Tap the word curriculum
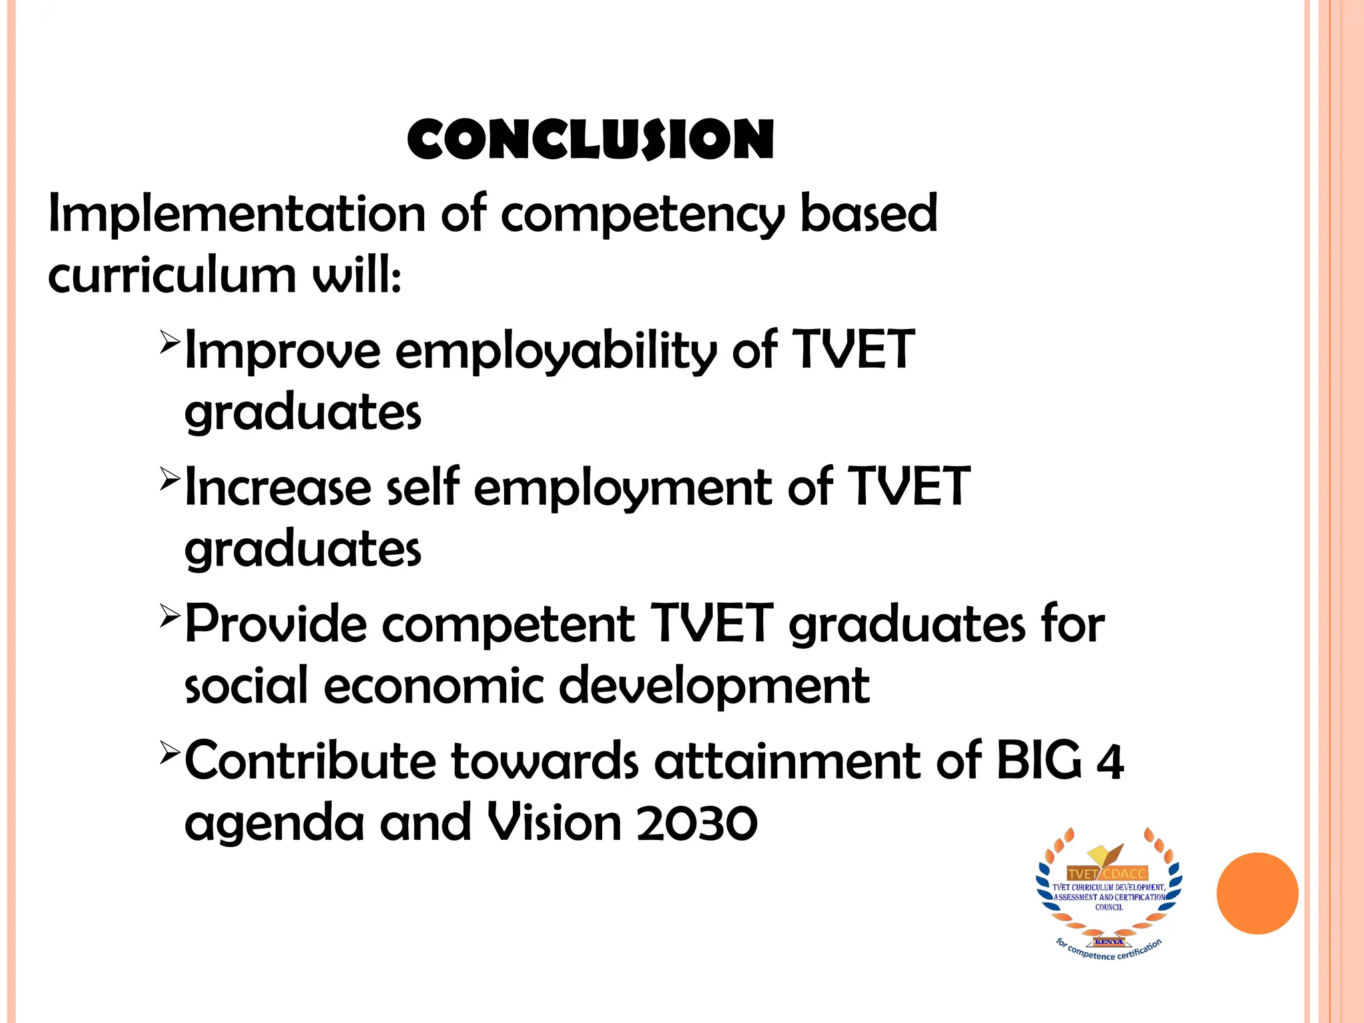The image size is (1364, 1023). coord(172,276)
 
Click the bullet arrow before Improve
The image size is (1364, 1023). coord(170,342)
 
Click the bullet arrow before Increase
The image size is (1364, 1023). coord(170,479)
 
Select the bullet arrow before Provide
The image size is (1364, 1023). coord(170,615)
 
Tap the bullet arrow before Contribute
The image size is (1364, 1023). coord(170,753)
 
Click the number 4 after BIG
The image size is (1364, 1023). coord(1110,762)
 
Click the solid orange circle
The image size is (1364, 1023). coord(1257,893)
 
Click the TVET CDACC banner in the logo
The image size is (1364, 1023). coord(1107,873)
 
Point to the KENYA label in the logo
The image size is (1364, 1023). coord(1108,942)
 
